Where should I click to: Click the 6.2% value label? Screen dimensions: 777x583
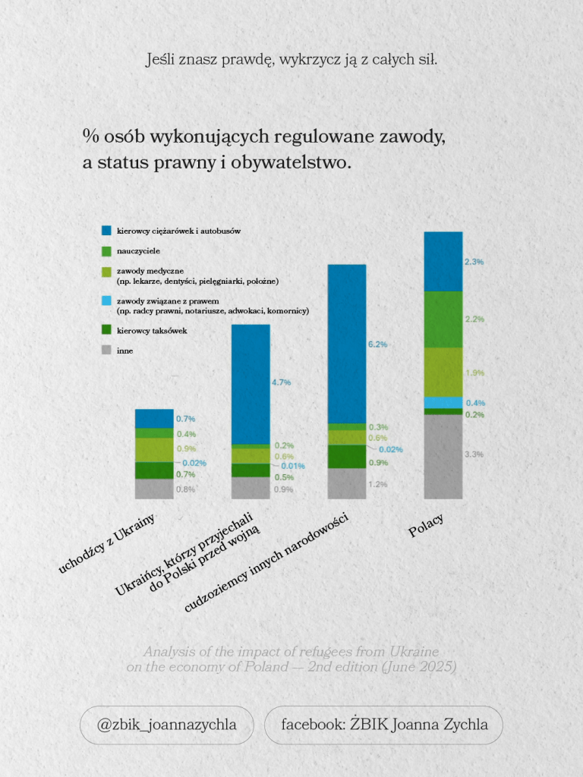pos(377,344)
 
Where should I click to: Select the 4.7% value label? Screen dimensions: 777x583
pos(281,382)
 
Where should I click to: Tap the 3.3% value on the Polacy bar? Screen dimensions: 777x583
pos(474,454)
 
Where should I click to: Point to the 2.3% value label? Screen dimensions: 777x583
pos(474,262)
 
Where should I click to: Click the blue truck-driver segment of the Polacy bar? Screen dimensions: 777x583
pos(443,262)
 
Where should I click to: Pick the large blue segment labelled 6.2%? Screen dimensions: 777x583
pos(346,344)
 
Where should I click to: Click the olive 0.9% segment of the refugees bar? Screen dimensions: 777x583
pos(154,450)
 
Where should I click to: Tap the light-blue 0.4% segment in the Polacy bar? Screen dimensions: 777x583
pos(443,402)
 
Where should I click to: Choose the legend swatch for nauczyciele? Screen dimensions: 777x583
pos(107,250)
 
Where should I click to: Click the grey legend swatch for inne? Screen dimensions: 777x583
pos(107,351)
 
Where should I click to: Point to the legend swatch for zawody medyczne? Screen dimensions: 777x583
pos(107,271)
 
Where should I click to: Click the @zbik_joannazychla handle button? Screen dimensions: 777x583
pos(166,725)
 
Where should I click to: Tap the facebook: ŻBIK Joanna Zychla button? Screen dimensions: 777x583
pos(384,725)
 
